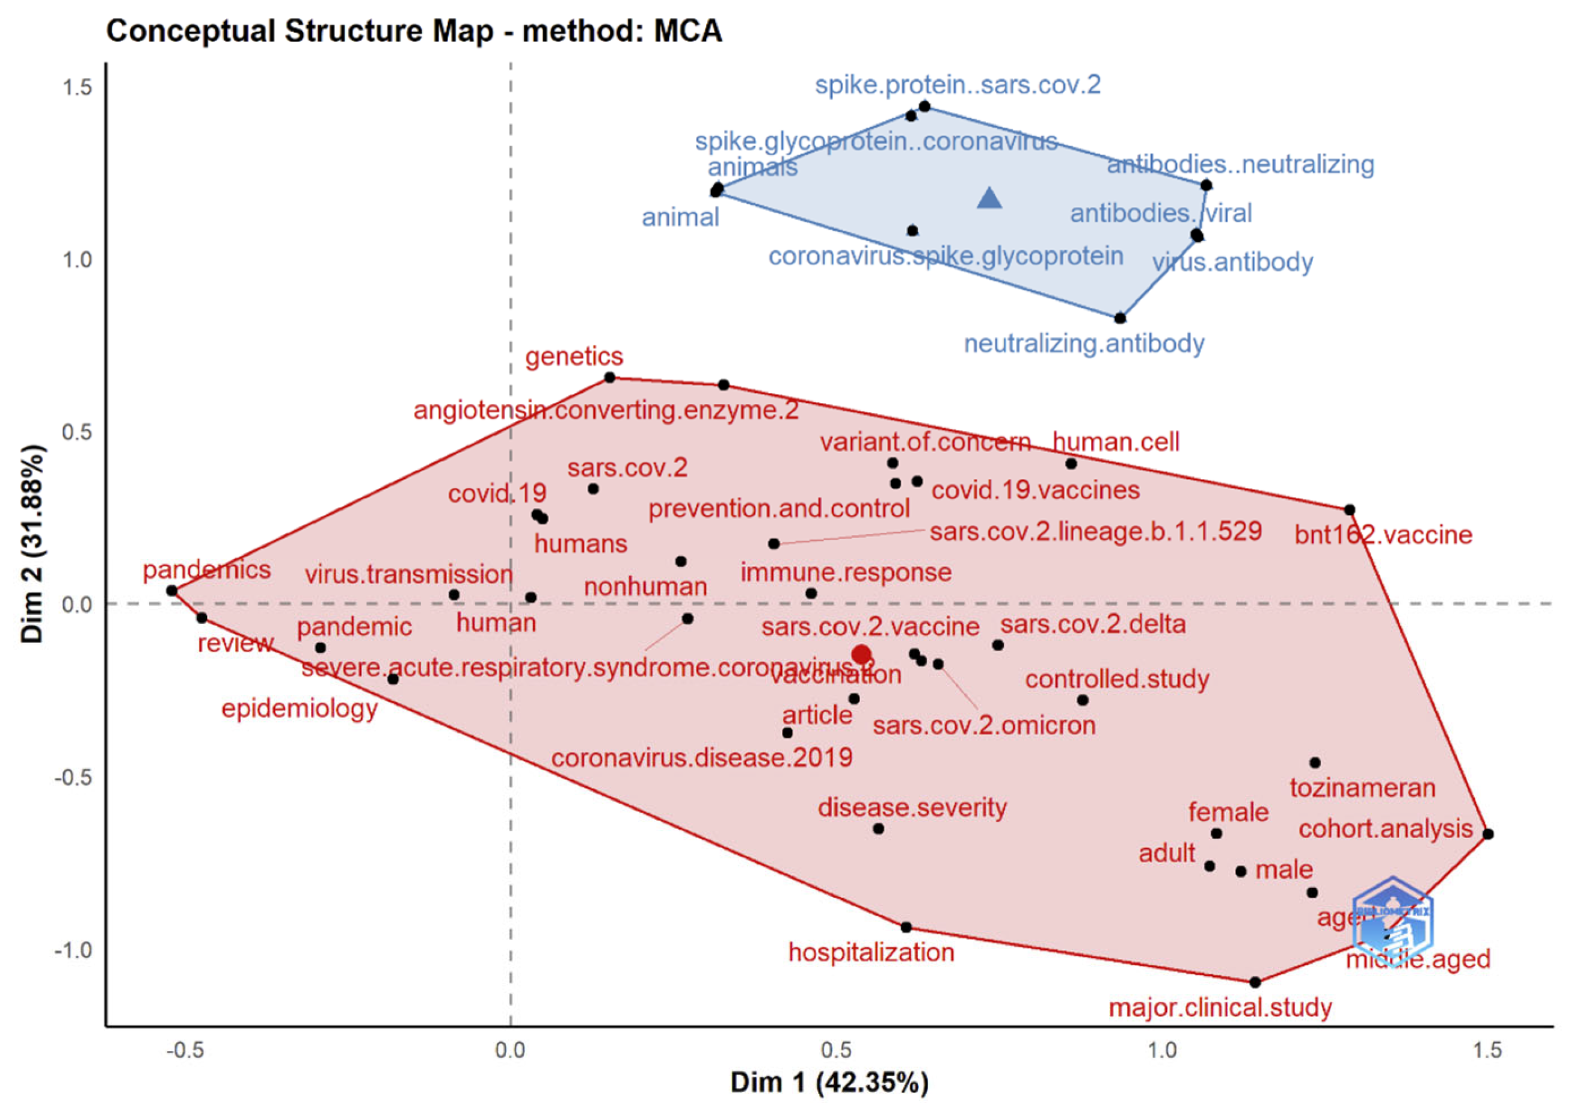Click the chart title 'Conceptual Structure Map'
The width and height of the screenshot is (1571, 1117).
pyautogui.click(x=413, y=31)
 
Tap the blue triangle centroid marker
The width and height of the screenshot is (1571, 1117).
pyautogui.click(x=989, y=198)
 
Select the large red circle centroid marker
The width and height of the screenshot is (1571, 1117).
pyautogui.click(x=861, y=654)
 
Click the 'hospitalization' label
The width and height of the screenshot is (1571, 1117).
pyautogui.click(x=871, y=953)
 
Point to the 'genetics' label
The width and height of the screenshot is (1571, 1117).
pyautogui.click(x=574, y=356)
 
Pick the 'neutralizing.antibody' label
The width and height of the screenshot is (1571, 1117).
pyautogui.click(x=1083, y=343)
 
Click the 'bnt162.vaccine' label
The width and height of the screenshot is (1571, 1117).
pyautogui.click(x=1383, y=535)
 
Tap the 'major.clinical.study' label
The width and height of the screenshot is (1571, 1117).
pyautogui.click(x=1220, y=1008)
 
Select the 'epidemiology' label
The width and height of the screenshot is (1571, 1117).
pyautogui.click(x=299, y=709)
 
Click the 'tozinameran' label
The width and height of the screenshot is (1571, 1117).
pyautogui.click(x=1362, y=788)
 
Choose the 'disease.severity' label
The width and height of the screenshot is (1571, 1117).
pyautogui.click(x=911, y=807)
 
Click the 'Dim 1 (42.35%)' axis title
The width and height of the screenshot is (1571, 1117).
pyautogui.click(x=829, y=1083)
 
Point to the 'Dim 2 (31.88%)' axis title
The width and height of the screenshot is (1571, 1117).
pyautogui.click(x=33, y=544)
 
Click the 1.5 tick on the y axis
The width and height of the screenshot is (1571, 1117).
pyautogui.click(x=77, y=87)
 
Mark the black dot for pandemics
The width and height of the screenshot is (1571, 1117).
pyautogui.click(x=172, y=591)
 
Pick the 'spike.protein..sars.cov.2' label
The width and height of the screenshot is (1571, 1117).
pyautogui.click(x=958, y=85)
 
